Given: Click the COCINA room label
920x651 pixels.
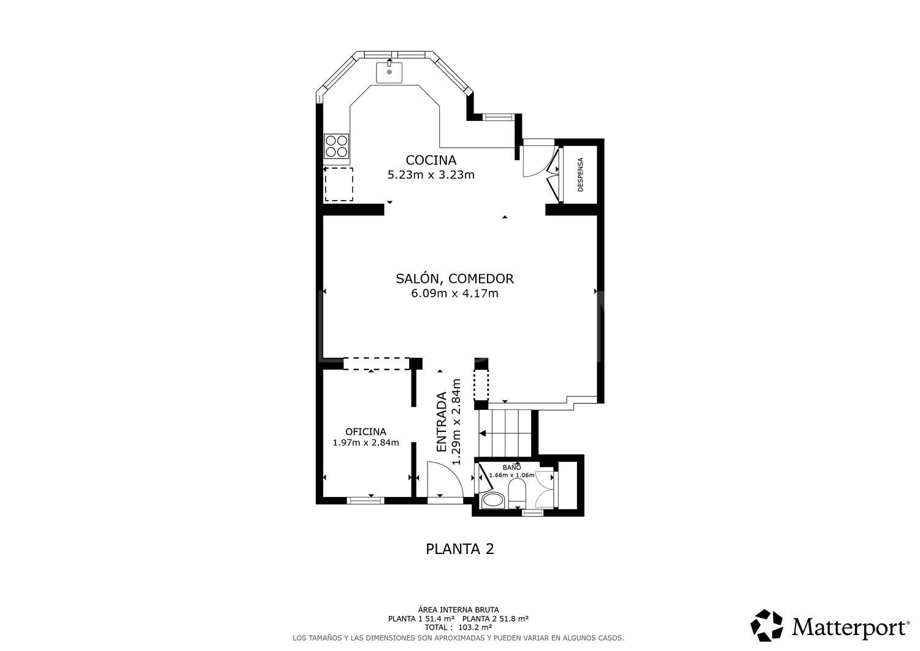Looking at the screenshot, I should [x=431, y=160].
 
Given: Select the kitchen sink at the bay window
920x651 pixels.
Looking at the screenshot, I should [x=389, y=72].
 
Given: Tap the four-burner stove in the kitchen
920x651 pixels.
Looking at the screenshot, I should [x=337, y=146].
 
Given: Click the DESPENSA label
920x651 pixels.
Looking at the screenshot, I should [x=580, y=174].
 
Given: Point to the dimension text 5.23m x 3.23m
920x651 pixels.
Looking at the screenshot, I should [x=431, y=175].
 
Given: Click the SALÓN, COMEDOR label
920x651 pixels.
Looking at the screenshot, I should [x=454, y=279].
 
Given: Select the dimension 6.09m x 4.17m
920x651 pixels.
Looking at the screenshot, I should [x=454, y=293].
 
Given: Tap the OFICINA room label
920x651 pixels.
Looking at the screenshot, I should [x=366, y=431].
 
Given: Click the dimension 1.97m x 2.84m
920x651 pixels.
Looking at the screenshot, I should [x=366, y=442].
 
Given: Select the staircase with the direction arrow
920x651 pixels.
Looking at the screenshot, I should [x=504, y=433].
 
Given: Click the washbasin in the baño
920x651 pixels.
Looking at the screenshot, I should [x=492, y=501].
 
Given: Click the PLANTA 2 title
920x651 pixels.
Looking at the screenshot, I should [x=459, y=549].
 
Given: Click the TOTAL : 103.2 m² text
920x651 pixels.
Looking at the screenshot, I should [x=459, y=628].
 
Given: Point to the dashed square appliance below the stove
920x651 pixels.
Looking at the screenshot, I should [x=339, y=184].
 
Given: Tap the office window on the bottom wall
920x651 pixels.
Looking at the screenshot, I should [x=366, y=501].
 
